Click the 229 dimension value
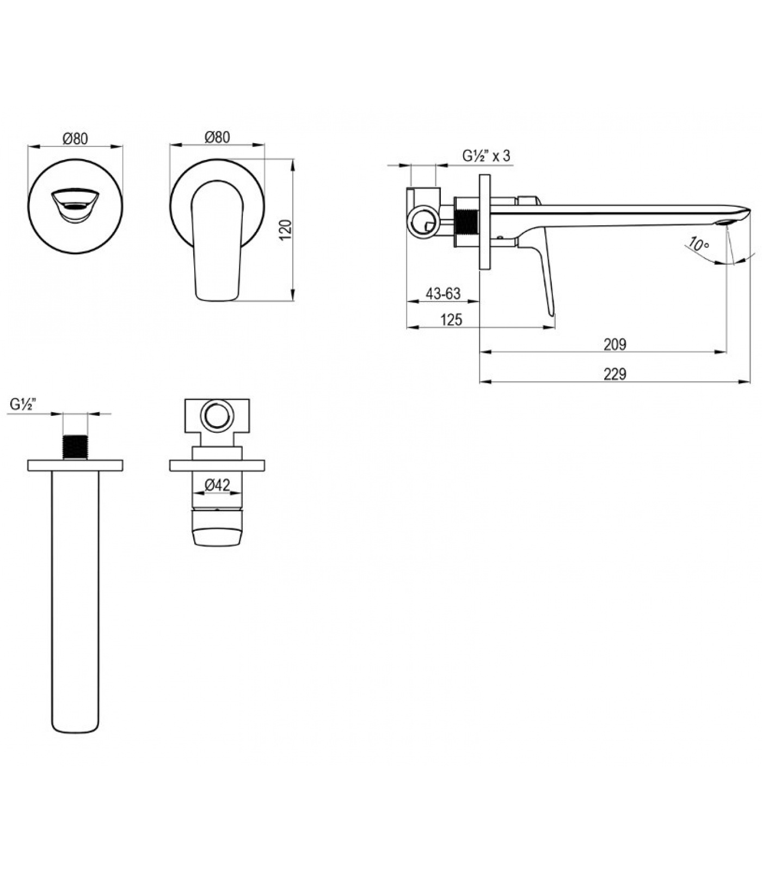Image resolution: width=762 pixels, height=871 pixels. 614,375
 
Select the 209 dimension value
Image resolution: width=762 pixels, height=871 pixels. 614,345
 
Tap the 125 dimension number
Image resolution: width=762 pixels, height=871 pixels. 451,320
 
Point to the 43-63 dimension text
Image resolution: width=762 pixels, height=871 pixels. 443,294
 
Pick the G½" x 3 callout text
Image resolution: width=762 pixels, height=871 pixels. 487,156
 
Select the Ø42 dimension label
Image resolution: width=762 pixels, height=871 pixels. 218,484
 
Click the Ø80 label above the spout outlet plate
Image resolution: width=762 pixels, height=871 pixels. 75,138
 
